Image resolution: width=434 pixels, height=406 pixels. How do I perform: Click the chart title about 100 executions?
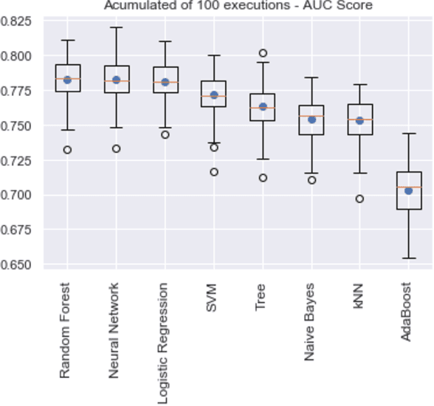(x=238, y=6)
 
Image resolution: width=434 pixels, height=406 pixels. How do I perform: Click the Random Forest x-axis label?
(x=66, y=330)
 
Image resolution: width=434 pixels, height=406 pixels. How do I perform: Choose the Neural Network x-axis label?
(x=114, y=330)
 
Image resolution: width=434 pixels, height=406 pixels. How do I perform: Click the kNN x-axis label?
(x=359, y=294)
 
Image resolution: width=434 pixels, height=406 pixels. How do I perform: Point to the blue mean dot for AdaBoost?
(x=408, y=190)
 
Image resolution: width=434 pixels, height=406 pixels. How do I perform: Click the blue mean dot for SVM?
(x=214, y=94)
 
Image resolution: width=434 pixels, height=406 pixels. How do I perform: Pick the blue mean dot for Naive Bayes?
(x=311, y=119)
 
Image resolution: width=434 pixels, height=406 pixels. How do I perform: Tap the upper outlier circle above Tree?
(x=263, y=53)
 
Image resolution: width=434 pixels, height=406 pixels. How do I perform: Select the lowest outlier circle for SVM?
(x=214, y=172)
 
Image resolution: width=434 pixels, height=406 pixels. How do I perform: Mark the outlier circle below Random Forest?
(x=67, y=150)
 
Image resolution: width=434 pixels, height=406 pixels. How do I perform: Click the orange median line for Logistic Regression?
(x=165, y=82)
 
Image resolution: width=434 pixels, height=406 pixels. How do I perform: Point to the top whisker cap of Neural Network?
(x=116, y=27)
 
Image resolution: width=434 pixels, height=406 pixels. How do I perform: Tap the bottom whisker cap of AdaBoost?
(x=408, y=258)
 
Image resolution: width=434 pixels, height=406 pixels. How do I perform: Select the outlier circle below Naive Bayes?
(x=311, y=180)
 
